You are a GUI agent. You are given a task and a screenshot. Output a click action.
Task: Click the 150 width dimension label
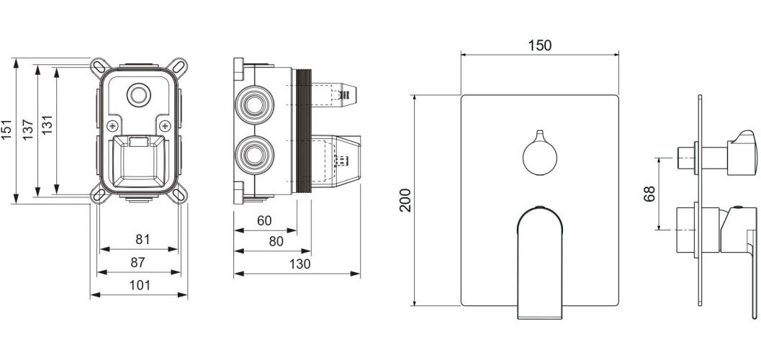tap(540, 45)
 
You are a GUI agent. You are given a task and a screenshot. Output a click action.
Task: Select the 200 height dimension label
tap(405, 200)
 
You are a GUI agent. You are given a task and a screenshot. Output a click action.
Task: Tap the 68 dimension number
tap(649, 194)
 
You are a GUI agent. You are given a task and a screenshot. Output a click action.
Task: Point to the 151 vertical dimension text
tap(6, 130)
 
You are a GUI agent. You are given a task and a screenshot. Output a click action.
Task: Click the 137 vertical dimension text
tap(28, 130)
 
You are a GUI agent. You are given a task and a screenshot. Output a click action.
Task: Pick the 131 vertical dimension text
tap(47, 126)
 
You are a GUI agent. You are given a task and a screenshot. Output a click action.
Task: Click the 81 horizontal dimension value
tap(143, 239)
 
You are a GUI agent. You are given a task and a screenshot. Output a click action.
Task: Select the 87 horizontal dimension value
tap(138, 263)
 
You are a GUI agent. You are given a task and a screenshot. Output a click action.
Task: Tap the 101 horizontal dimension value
tap(140, 285)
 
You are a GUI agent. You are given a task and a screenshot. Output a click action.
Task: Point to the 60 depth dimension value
tap(264, 221)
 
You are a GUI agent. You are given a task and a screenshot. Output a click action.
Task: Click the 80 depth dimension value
tap(276, 241)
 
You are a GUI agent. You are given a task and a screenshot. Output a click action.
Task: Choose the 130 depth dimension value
tap(300, 264)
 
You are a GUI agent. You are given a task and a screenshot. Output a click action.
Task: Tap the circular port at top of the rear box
tap(139, 95)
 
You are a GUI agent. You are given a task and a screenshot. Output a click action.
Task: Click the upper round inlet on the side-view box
tap(254, 105)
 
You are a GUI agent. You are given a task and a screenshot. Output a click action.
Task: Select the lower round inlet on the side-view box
tap(254, 156)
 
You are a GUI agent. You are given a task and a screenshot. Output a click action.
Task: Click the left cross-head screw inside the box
tap(112, 126)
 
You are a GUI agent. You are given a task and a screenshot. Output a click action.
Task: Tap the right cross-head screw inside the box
tap(165, 126)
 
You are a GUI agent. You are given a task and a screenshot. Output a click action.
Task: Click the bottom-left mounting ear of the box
tap(99, 194)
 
